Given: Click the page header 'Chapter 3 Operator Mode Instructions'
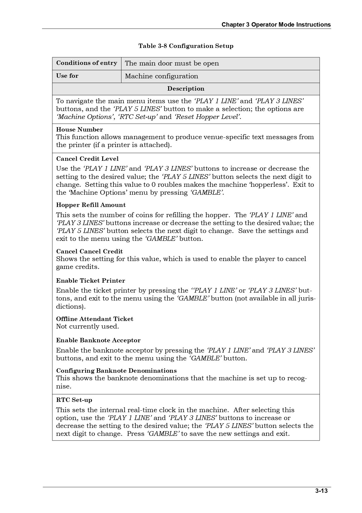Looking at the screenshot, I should click(276, 25).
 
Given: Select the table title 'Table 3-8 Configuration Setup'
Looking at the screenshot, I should click(186, 46).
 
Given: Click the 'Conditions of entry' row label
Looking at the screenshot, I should click(86, 63).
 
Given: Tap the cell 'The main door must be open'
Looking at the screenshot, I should click(172, 63).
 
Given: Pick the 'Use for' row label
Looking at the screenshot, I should click(67, 76).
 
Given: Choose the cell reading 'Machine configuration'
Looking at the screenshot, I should click(161, 76).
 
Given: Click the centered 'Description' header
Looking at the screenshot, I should click(186, 89).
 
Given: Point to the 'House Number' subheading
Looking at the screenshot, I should click(79, 129).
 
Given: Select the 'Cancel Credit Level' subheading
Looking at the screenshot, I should click(87, 159).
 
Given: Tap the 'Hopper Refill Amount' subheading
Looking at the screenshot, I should click(91, 205).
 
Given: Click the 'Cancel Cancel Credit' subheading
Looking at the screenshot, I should click(89, 251).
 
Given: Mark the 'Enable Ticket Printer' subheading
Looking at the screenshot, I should click(90, 281).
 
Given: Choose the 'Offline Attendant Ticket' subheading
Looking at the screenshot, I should click(95, 319).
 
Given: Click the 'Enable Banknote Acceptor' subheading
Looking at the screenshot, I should click(98, 340).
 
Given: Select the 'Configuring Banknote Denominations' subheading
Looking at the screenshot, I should click(116, 371).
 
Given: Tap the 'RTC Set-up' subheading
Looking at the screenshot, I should click(74, 400).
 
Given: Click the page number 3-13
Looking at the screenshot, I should click(321, 491).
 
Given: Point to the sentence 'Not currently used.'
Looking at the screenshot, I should click(87, 327).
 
